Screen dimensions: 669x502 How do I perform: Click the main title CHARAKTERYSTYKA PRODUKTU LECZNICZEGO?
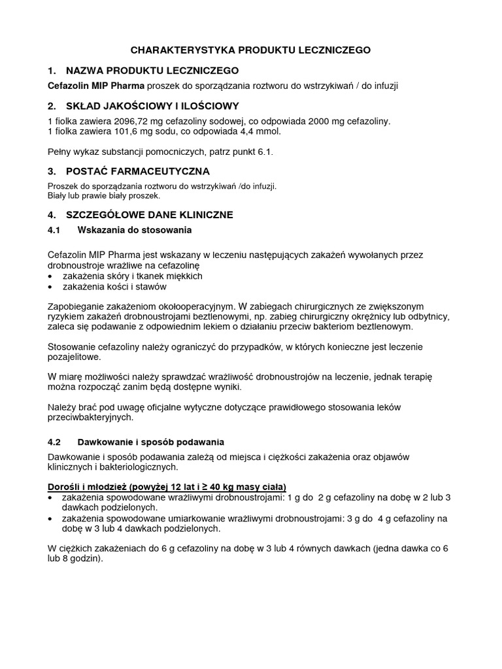pyautogui.click(x=251, y=50)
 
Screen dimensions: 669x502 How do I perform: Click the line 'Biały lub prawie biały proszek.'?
pyautogui.click(x=103, y=195)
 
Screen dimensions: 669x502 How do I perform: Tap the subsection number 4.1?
pyautogui.click(x=54, y=230)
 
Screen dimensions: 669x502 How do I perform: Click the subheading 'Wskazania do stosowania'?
pyautogui.click(x=135, y=230)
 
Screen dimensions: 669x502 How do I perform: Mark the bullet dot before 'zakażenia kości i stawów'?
pyautogui.click(x=52, y=287)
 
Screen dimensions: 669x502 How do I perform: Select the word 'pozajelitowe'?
pyautogui.click(x=75, y=357)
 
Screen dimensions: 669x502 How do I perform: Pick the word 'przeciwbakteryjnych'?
pyautogui.click(x=91, y=417)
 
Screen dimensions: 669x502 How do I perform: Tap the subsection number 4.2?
pyautogui.click(x=54, y=442)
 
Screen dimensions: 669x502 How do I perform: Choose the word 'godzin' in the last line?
pyautogui.click(x=84, y=560)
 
